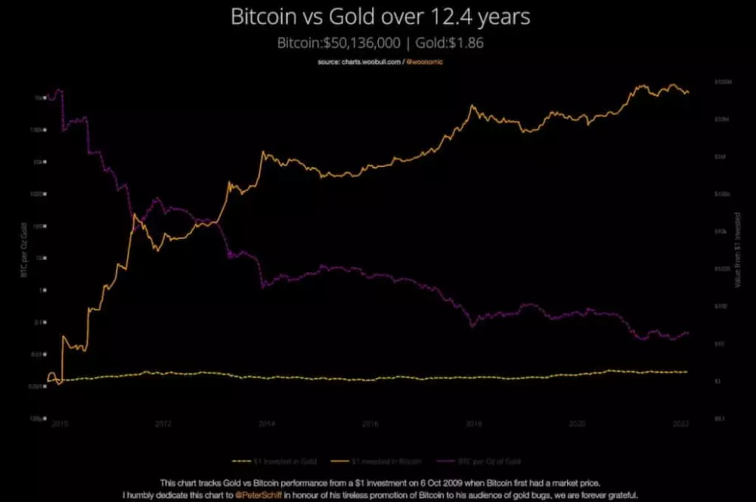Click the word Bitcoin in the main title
[x=265, y=17]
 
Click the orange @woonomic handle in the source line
[x=426, y=62]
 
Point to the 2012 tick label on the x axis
[x=163, y=424]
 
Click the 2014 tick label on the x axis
[x=266, y=424]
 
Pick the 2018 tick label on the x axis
[x=472, y=424]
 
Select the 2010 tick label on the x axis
[x=60, y=424]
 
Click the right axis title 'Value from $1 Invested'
[x=737, y=249]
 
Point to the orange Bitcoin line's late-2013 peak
[x=263, y=152]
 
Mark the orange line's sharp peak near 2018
[x=472, y=105]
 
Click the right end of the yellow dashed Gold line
[x=687, y=372]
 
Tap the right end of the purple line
[x=688, y=333]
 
